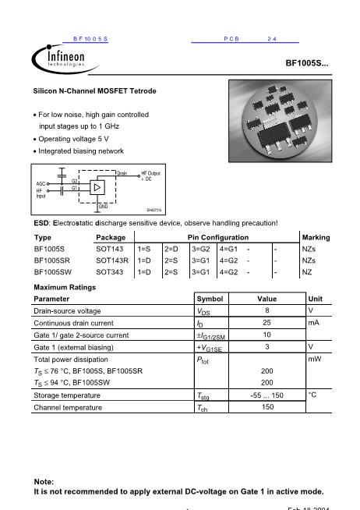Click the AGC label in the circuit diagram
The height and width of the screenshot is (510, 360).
pos(41,183)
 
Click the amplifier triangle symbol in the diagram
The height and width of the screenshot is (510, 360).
pos(97,188)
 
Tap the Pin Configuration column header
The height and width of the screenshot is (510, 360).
pos(218,236)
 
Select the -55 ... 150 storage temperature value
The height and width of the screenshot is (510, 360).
pos(266,395)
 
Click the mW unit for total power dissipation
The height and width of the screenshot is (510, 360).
pos(315,359)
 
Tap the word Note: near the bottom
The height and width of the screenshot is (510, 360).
pos(44,482)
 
